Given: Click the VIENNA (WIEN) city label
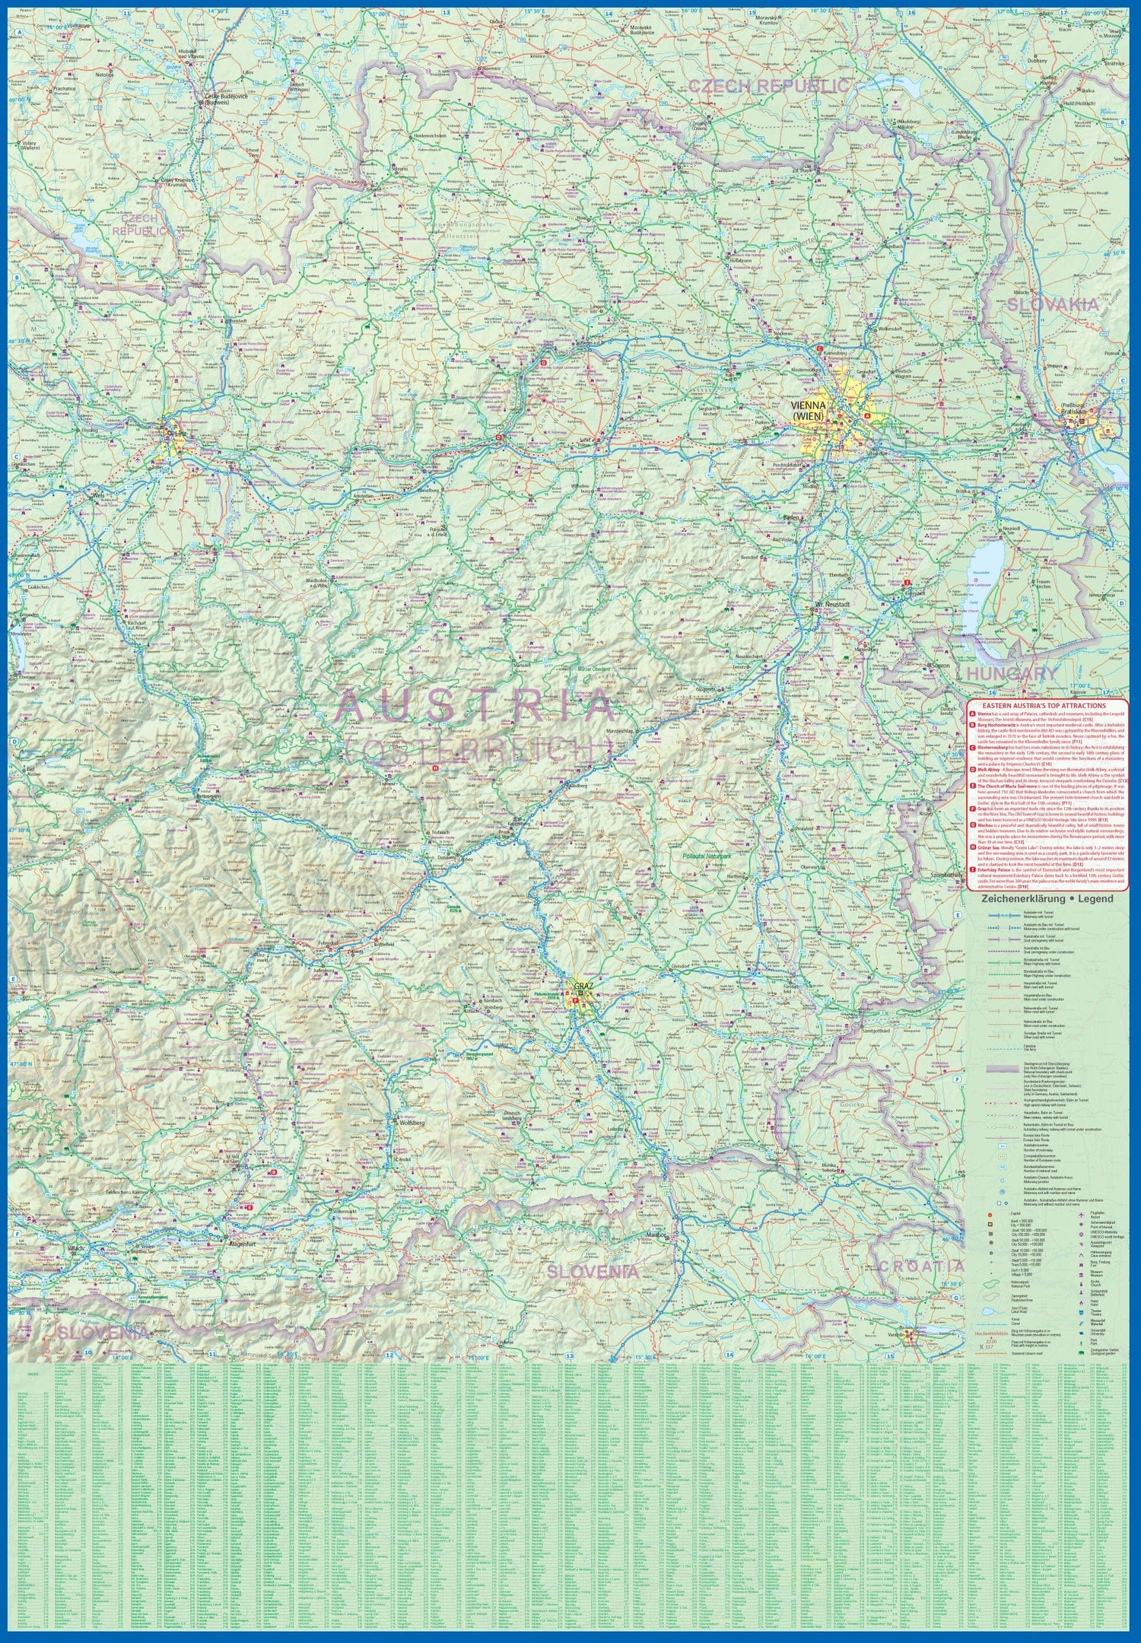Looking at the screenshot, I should point(809,411).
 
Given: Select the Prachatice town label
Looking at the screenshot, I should point(64,88).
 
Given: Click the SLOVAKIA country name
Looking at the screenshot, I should point(1053,304).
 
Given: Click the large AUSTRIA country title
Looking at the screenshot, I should point(475,707).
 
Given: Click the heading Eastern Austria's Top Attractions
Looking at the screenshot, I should point(1053,705).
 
